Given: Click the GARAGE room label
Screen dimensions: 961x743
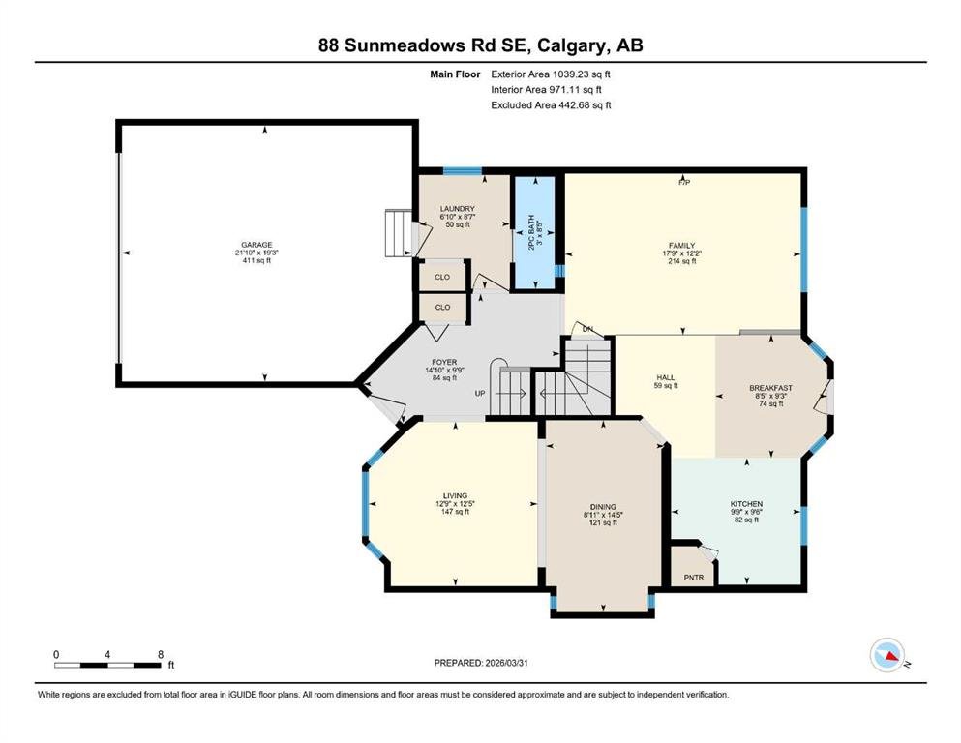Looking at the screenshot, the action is (256, 245).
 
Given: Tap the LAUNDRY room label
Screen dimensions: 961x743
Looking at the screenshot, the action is (457, 209).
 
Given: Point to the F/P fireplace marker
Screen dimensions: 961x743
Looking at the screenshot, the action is (684, 182).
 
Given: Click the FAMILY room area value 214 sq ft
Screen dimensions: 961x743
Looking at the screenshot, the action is (682, 261).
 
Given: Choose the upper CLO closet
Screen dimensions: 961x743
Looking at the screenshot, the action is (442, 277).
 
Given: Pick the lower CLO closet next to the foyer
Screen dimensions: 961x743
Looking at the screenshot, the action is (442, 308).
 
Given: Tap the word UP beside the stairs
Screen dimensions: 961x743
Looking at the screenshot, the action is (480, 393).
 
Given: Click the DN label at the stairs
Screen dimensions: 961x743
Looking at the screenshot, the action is (587, 329).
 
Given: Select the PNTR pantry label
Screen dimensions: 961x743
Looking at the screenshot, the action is (694, 578).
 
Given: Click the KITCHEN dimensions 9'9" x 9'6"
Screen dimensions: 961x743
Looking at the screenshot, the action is (746, 512).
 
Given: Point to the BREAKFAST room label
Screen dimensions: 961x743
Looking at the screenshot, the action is (771, 388).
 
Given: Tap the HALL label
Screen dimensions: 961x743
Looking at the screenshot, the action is (666, 378).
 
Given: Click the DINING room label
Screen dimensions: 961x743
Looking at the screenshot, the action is (603, 507).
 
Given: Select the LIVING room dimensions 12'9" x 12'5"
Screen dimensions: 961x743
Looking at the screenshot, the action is (456, 504).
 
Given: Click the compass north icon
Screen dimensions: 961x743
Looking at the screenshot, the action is (887, 655).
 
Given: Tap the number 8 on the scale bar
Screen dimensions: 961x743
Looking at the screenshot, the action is (161, 654).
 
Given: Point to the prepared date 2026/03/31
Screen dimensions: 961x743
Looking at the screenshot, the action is (507, 663).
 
